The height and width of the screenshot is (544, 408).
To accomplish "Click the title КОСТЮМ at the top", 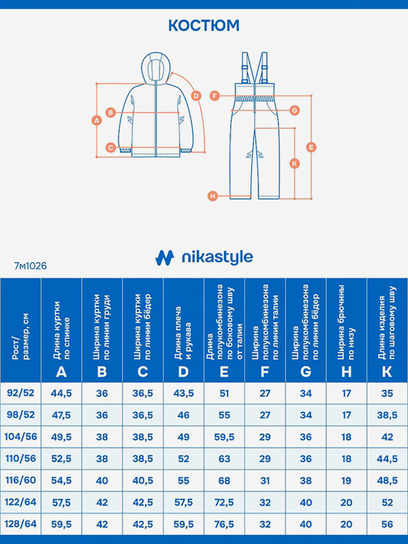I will click(204, 25).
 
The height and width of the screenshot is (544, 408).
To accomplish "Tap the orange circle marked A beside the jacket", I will click(96, 120).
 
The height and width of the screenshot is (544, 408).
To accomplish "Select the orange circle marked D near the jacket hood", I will click(196, 96).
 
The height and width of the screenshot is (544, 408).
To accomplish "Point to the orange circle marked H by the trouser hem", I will click(213, 196).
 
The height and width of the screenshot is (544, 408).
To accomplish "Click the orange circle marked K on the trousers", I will click(295, 163).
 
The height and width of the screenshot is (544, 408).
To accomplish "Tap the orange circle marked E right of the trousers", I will click(311, 147).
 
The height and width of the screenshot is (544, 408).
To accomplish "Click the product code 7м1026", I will click(30, 266).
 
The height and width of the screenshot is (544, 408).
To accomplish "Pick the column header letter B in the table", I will click(102, 371).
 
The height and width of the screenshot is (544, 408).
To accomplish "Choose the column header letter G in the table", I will click(305, 371).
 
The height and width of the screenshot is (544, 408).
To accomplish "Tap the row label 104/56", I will click(21, 437).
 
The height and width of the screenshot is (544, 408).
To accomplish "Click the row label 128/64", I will click(21, 524).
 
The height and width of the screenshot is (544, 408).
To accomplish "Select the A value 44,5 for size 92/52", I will click(61, 393).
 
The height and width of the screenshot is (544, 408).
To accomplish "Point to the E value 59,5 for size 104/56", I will click(224, 437).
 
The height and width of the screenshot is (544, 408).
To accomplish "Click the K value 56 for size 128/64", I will click(387, 524).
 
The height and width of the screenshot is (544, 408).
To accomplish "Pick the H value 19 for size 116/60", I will click(346, 480).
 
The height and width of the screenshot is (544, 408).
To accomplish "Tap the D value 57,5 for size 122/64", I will click(183, 502).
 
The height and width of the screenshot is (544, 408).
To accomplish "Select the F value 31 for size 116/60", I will click(265, 480).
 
